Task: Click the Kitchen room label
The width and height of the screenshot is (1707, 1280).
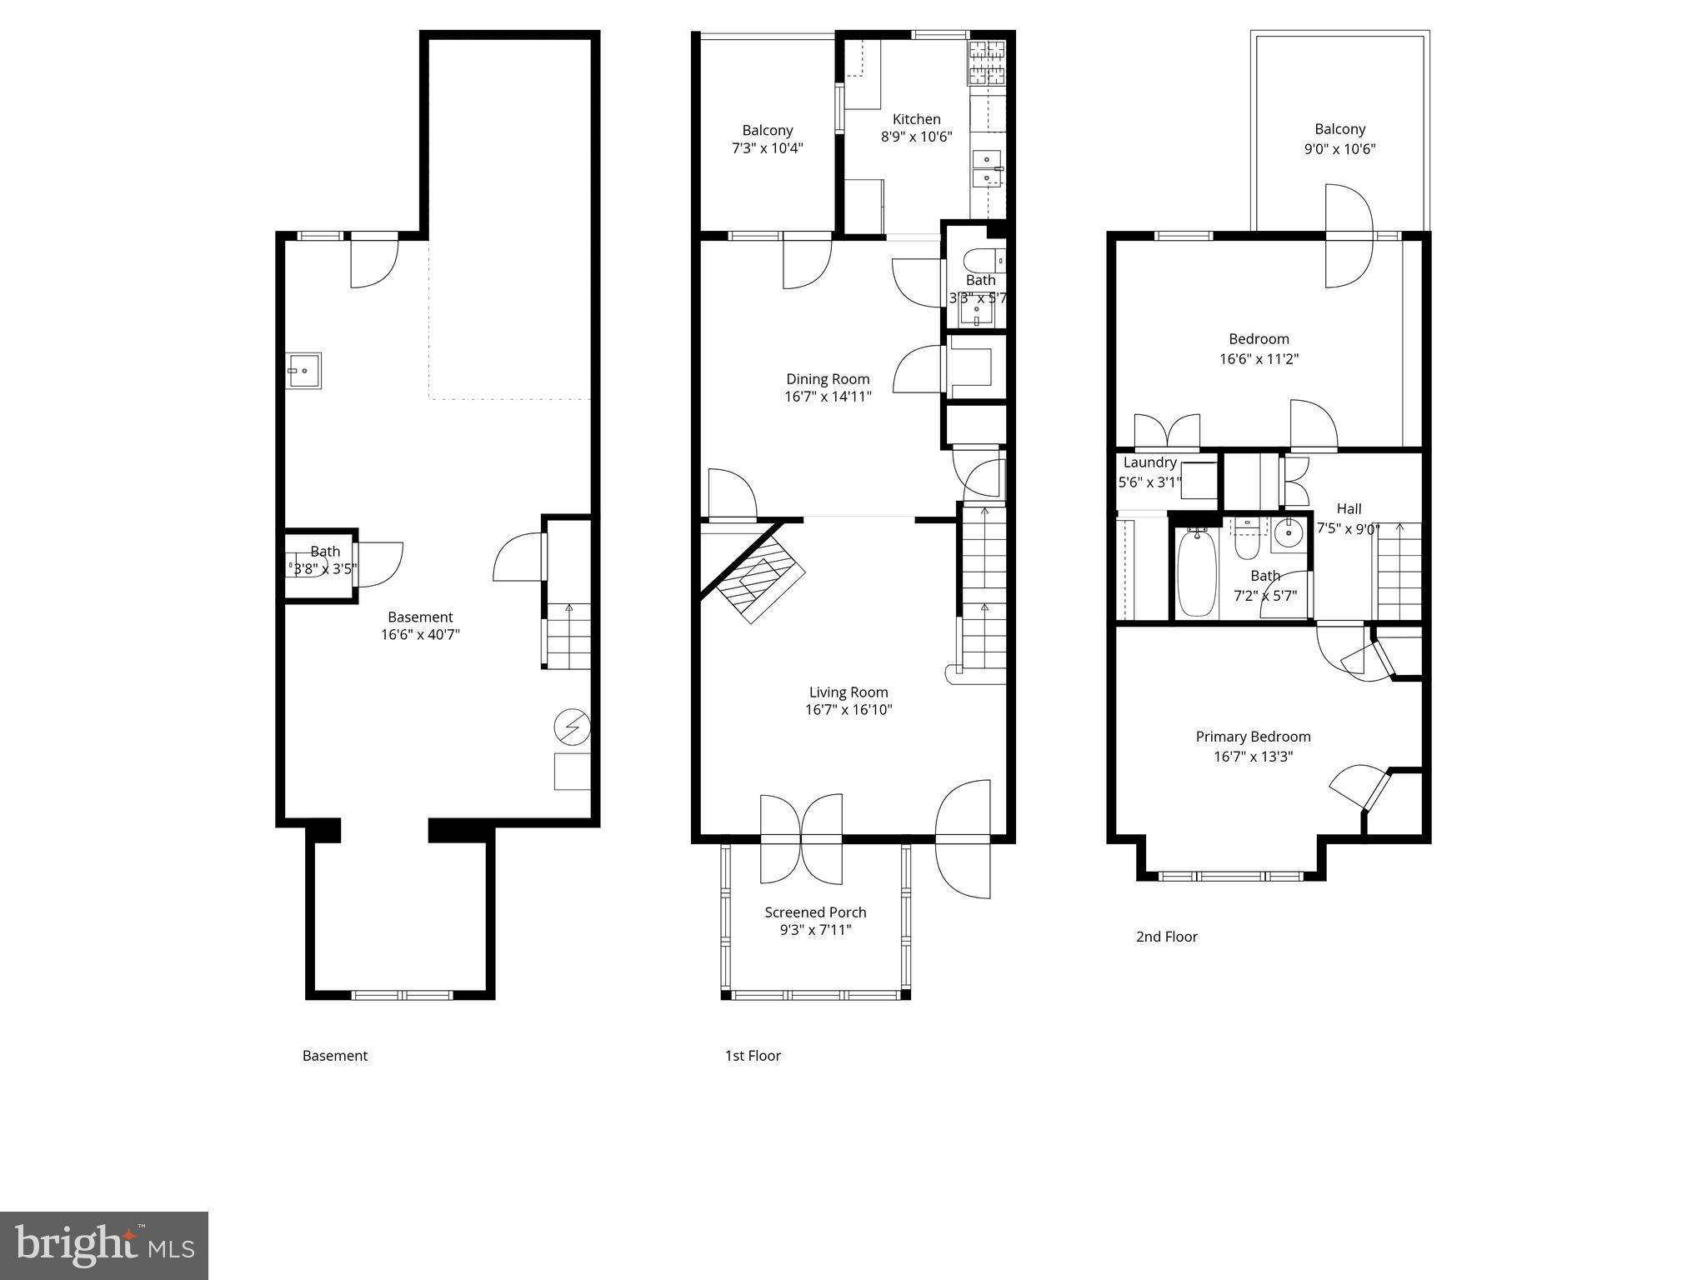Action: [x=916, y=119]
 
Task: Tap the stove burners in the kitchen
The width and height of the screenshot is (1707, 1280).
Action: [x=986, y=62]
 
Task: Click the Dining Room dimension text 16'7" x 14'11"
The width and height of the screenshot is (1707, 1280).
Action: [x=828, y=397]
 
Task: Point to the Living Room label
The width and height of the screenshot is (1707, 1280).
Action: [x=848, y=692]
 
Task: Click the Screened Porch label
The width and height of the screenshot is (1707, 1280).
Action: [x=815, y=912]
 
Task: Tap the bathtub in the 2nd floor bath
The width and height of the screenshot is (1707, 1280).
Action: [x=1196, y=573]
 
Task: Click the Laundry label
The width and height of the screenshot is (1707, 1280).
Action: [x=1149, y=462]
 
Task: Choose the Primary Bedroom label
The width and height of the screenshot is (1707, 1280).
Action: [x=1253, y=737]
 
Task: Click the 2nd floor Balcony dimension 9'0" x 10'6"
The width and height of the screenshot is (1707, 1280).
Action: [x=1339, y=149]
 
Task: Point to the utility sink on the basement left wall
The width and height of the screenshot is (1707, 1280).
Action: [x=304, y=371]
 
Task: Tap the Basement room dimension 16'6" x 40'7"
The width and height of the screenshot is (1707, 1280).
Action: [x=420, y=635]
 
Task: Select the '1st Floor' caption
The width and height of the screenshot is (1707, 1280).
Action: [x=752, y=1056]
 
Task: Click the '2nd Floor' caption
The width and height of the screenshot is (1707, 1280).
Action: [x=1166, y=937]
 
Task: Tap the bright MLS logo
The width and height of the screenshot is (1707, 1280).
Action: [x=103, y=1246]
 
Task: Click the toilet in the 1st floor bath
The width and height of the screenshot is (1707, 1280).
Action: [x=984, y=261]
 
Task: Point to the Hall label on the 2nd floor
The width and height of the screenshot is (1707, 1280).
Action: [x=1349, y=508]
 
